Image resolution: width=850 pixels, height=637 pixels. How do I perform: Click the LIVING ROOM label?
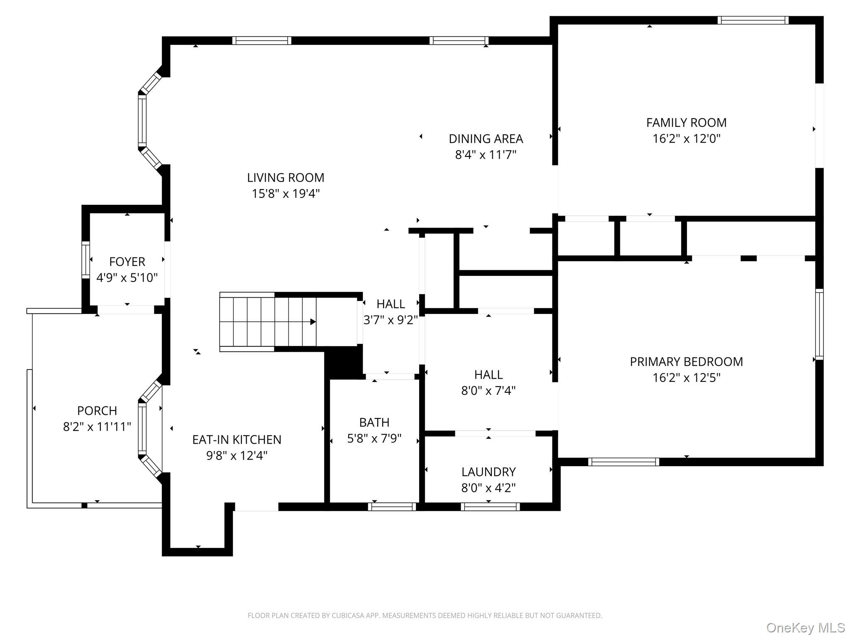click(286, 178)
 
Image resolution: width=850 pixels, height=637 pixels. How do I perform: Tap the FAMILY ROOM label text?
click(686, 123)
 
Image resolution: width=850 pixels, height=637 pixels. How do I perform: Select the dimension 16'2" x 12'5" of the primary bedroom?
click(686, 378)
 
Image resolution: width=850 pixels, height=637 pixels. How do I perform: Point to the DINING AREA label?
click(486, 139)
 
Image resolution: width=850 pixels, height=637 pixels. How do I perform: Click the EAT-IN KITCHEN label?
click(237, 440)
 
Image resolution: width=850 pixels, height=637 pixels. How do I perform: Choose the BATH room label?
click(374, 423)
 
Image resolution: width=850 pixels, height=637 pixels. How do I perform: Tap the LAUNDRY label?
click(489, 472)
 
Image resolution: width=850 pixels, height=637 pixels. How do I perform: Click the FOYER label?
click(127, 262)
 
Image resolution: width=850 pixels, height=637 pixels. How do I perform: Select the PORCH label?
click(97, 411)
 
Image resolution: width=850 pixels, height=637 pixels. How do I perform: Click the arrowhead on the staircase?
click(313, 322)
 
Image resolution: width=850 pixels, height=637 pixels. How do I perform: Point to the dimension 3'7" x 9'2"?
click(391, 320)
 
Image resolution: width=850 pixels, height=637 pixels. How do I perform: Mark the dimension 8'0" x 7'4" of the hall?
click(489, 391)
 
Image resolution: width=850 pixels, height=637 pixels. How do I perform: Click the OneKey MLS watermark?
click(806, 628)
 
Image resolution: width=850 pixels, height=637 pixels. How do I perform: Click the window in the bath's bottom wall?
click(392, 506)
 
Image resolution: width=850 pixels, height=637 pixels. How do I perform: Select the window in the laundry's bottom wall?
click(490, 506)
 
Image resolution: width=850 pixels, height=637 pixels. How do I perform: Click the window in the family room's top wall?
click(753, 20)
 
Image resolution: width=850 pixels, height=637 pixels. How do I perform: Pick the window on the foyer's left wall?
click(85, 260)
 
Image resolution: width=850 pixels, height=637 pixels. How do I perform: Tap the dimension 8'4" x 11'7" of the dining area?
click(486, 155)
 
